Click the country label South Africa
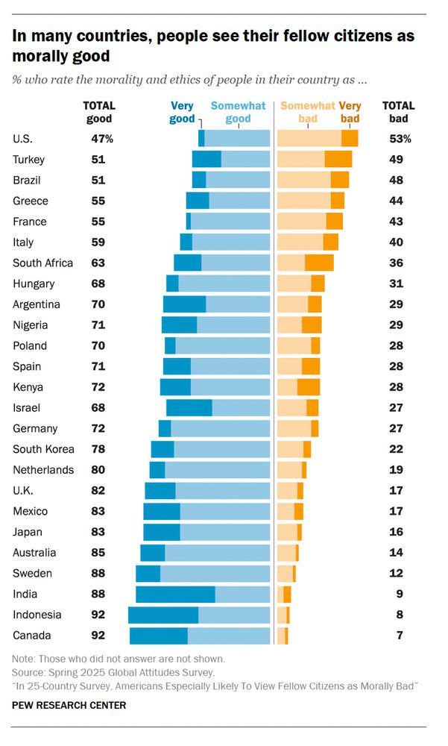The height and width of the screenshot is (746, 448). coord(43,263)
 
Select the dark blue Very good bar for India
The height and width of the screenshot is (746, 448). coord(175,594)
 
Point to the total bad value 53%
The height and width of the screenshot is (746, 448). coord(400,139)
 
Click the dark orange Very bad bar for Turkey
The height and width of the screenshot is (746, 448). coord(338,159)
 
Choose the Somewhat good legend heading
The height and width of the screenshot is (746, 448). coord(238,112)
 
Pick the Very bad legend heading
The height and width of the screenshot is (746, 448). coord(350,112)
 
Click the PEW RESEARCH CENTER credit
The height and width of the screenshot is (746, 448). coord(69,705)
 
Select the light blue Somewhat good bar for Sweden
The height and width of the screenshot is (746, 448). coord(215,573)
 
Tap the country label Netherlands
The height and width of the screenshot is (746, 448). coord(43,470)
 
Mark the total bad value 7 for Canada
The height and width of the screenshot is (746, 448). coord(400,636)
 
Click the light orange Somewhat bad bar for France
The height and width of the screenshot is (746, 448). coord(301,221)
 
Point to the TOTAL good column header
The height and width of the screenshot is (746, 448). coord(98,112)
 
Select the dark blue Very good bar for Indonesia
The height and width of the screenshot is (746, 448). coord(163,615)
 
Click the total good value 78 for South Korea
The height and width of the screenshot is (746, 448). coord(98,449)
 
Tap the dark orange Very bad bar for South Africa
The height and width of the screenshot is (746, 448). coord(319,263)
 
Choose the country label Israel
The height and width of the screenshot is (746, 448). coord(27,408)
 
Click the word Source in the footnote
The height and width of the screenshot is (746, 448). coord(28,672)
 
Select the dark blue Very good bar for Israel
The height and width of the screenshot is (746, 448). coord(189,408)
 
